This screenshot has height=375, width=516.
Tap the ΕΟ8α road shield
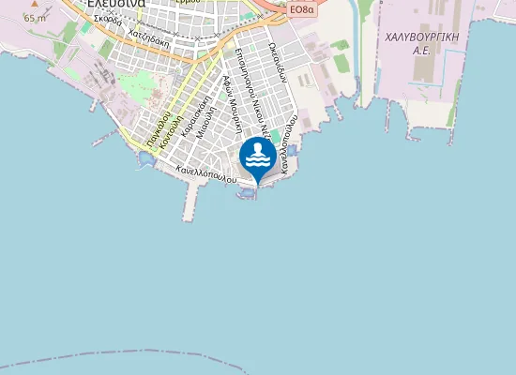(301, 8)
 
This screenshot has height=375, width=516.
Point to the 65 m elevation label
(35, 18)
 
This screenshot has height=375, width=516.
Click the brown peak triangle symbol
(35, 5)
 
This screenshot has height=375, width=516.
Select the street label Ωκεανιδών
(278, 64)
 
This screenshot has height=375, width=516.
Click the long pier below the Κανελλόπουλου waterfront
(192, 200)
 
